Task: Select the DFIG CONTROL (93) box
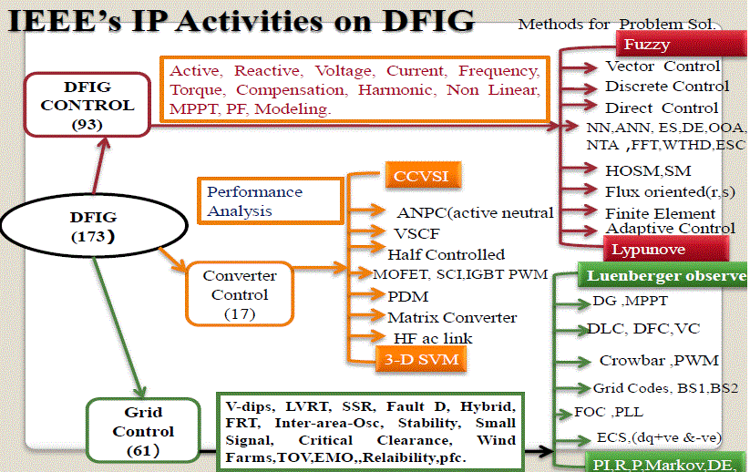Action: [87, 106]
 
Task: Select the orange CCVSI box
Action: [421, 175]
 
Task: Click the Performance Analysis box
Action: [270, 201]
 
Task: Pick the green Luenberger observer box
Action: [661, 276]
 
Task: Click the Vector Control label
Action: [663, 67]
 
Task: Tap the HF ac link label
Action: [433, 339]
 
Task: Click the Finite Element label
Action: [660, 213]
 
